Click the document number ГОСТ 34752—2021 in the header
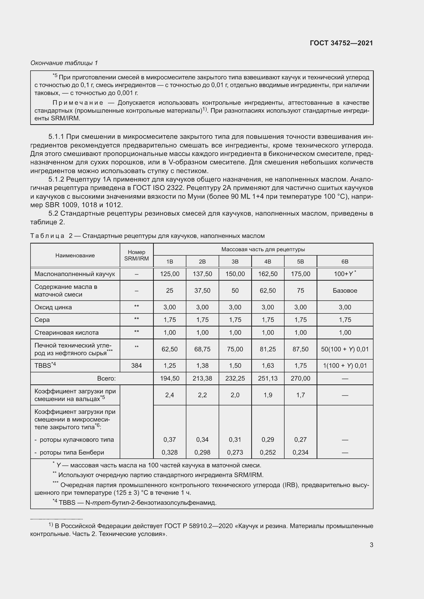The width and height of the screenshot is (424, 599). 341,43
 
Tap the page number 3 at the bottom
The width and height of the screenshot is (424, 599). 371,545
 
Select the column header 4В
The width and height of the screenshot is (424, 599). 268,261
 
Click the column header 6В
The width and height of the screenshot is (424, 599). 345,261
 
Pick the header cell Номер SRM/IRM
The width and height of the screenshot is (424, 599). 136,255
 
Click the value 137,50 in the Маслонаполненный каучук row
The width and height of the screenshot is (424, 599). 202,274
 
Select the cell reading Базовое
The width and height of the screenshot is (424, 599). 345,291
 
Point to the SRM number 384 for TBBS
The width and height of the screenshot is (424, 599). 136,365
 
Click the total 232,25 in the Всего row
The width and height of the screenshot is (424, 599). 235,378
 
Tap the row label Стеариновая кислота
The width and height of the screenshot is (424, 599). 66,333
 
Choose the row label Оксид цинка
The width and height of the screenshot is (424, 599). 53,307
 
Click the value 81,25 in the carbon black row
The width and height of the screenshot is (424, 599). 268,349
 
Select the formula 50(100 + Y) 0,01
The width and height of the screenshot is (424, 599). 345,349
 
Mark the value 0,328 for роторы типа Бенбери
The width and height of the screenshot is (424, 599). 169,452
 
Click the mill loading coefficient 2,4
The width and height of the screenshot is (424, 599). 169,395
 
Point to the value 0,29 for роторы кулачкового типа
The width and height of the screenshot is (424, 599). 268,440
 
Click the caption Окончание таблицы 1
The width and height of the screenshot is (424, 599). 64,63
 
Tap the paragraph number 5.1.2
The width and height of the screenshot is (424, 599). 56,180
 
